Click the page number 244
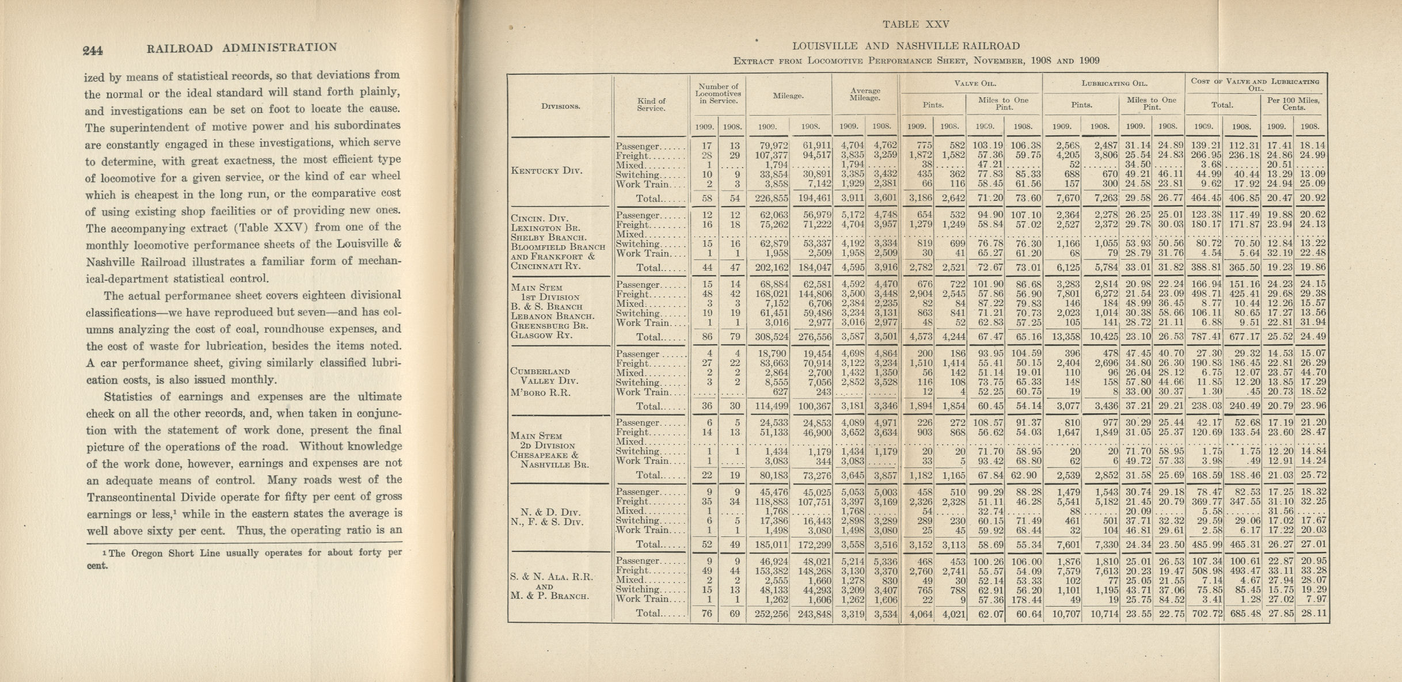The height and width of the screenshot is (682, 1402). pos(93,51)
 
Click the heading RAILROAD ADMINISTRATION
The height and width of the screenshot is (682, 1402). pos(242,48)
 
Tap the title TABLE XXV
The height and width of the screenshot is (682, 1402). pos(915,24)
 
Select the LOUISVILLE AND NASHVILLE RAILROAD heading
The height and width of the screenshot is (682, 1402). pos(906,46)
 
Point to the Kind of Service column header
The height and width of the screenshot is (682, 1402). pos(651,104)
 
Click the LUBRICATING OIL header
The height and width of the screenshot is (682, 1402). pos(1112,83)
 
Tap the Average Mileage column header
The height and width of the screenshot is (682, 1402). pos(865,94)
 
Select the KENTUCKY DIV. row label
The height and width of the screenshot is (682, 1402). pos(546,171)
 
